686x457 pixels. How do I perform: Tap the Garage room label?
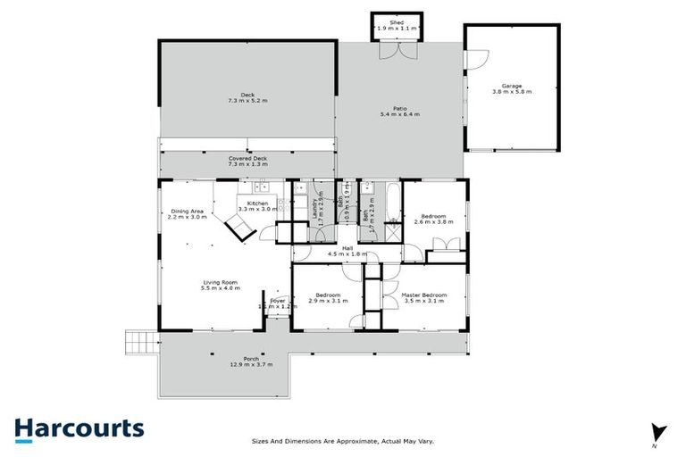(511, 86)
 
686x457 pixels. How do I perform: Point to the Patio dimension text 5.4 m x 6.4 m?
(399, 115)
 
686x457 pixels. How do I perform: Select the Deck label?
(247, 95)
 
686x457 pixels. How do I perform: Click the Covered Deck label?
(247, 158)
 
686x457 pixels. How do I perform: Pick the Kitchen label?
(258, 204)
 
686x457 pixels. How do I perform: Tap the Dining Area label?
(188, 212)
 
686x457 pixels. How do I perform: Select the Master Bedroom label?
(424, 295)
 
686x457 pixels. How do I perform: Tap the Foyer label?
(277, 301)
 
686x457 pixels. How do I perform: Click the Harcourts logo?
(79, 428)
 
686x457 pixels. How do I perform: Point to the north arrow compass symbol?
(657, 431)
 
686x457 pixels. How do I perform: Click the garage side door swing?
(473, 59)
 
